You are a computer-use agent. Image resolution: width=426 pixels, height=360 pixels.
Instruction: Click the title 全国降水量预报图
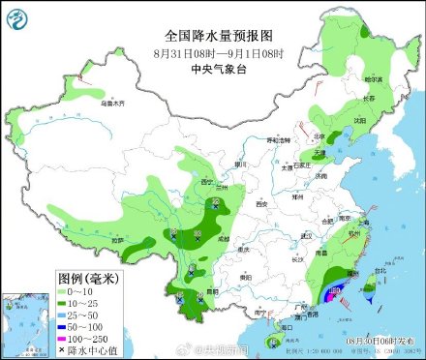pos(213,32)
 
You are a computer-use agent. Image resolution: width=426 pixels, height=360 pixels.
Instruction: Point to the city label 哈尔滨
pos(373,78)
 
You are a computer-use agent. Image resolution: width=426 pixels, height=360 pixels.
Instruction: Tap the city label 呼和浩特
pos(280,140)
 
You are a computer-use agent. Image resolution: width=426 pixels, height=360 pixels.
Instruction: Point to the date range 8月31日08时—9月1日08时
pos(213,51)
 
